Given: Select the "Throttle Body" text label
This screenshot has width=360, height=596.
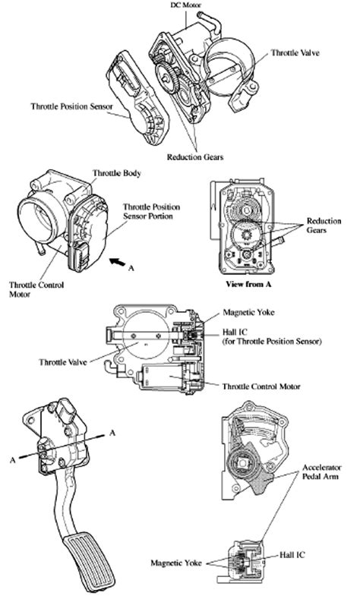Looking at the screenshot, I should (x=112, y=173).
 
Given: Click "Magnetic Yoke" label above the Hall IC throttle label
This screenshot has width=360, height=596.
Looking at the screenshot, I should (x=248, y=312).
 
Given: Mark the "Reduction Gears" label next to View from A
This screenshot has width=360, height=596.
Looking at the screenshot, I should (x=324, y=225).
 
